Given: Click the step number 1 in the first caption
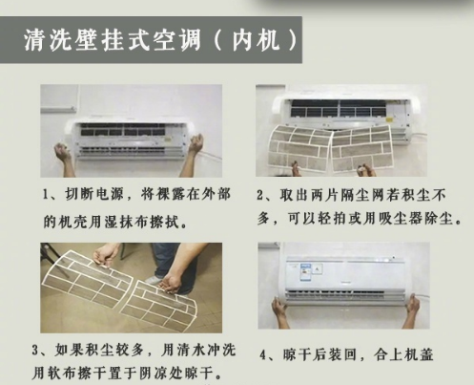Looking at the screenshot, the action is tap(46, 195).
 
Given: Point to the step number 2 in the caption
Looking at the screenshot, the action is tap(260, 195).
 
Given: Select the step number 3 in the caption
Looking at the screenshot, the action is tap(35, 351).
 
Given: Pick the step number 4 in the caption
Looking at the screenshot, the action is tap(263, 355).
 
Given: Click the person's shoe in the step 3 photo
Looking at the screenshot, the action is tap(152, 280).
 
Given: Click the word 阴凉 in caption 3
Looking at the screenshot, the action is tap(155, 373).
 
